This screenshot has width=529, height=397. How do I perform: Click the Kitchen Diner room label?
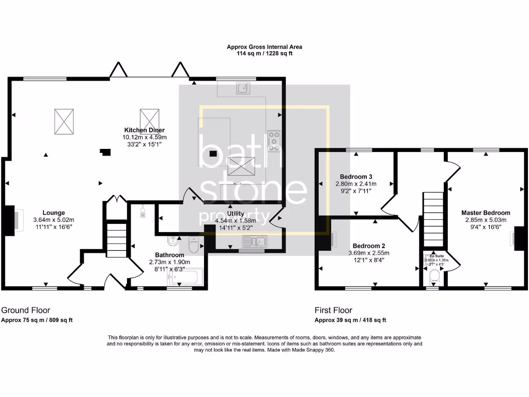click(x=144, y=130)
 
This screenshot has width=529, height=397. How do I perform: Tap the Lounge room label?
click(x=53, y=212)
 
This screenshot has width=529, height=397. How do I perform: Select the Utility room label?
click(x=235, y=213)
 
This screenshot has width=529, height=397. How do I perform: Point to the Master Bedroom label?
click(x=486, y=213)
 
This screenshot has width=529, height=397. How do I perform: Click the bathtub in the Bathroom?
click(x=186, y=278)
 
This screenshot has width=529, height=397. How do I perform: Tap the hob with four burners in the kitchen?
click(x=274, y=141)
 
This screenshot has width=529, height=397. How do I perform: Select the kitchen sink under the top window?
click(x=243, y=89)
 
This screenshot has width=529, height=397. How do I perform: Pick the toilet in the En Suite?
click(x=434, y=279)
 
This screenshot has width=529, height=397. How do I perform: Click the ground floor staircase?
click(x=116, y=238)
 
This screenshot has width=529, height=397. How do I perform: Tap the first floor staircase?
click(x=433, y=219)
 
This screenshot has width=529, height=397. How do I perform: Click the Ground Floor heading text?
click(x=26, y=310)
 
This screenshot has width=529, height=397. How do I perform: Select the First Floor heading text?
click(x=333, y=310)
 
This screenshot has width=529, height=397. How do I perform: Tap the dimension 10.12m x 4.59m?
click(x=144, y=138)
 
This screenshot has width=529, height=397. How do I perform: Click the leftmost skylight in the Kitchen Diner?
click(x=64, y=121)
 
